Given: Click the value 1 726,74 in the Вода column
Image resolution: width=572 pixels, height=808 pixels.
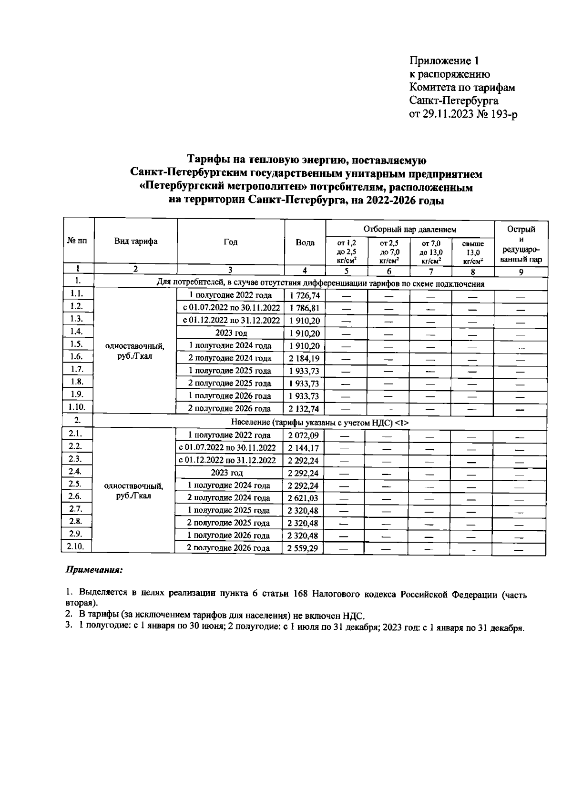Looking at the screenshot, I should (304, 296).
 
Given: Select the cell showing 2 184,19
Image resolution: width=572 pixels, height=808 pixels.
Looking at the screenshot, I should (304, 358).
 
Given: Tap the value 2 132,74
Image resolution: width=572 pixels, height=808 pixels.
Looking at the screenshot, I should (304, 409).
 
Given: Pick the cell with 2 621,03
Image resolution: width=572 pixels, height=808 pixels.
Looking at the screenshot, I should (304, 498).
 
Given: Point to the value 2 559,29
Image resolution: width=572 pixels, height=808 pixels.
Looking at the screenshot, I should (304, 548).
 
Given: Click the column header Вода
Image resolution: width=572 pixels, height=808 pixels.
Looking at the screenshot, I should (305, 242).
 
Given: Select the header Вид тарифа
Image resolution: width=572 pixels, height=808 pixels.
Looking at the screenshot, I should (136, 241).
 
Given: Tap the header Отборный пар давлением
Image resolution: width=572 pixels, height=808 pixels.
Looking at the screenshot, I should (410, 230).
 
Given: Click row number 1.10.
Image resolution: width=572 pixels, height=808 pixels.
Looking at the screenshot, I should (77, 407).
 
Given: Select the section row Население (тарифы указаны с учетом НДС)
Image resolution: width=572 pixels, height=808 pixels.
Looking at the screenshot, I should (320, 422).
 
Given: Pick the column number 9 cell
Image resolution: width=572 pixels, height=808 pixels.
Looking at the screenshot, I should (521, 272).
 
